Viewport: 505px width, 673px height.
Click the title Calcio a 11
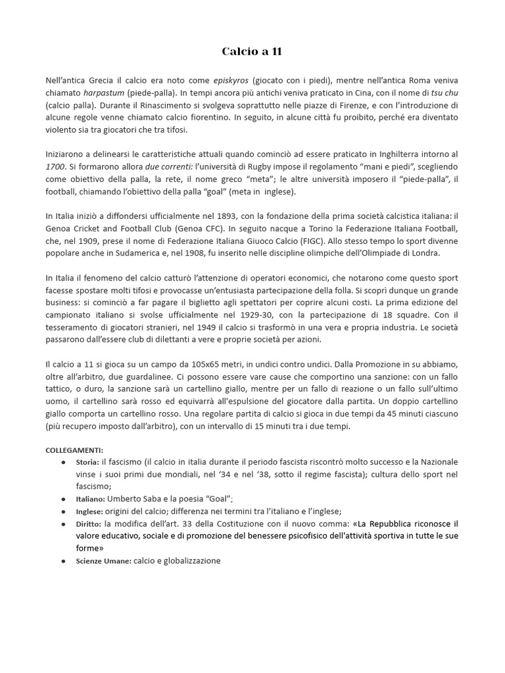pos(252,51)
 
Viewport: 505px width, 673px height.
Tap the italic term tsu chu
pos(444,93)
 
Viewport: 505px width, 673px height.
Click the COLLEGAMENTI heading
pos(74,451)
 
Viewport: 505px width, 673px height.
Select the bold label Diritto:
pos(89,524)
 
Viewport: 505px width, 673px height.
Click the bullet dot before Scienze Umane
pos(62,562)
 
